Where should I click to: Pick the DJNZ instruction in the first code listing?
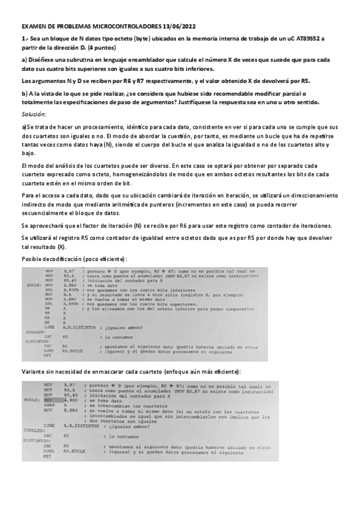[x=48, y=350]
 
